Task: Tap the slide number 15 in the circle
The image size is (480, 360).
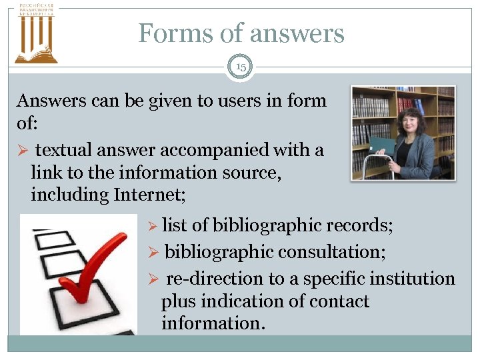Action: (240, 66)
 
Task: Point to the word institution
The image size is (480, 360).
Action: (407, 279)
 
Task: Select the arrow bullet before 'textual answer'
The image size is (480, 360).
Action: (23, 151)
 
